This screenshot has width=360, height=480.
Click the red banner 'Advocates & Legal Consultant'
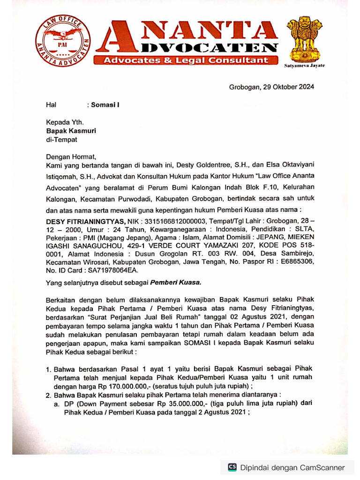(x=187, y=60)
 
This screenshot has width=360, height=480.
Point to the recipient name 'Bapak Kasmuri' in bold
(x=70, y=131)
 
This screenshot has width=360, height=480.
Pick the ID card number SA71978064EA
(x=112, y=270)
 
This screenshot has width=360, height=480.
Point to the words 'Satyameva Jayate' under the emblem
(x=304, y=66)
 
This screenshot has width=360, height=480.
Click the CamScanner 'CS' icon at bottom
(x=232, y=467)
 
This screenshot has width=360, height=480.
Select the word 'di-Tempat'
(x=61, y=139)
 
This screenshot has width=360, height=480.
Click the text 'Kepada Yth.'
(x=64, y=122)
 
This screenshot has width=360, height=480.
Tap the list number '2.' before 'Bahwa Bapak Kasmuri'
(x=49, y=395)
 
